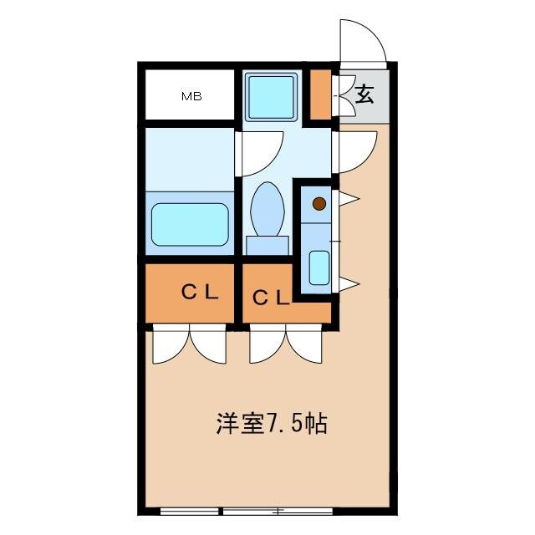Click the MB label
coord(191,96)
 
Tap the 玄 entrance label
coord(364,94)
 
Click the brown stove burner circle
coord(318,203)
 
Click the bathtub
coord(190,224)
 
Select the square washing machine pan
coord(272,96)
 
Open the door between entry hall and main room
coord(353,150)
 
